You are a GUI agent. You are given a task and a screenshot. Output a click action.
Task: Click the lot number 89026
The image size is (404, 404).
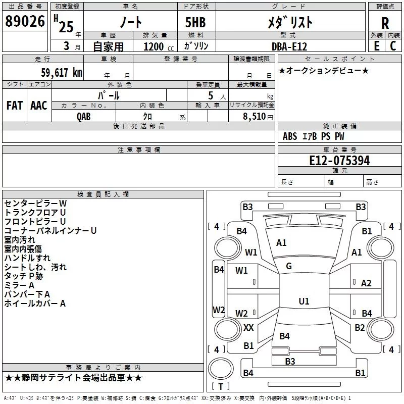[25, 21]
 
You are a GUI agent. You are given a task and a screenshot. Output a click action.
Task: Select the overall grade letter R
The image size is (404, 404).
[385, 23]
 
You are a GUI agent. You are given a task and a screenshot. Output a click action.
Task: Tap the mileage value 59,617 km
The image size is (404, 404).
[62, 73]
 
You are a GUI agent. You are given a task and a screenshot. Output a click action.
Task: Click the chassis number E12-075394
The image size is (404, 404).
[339, 161]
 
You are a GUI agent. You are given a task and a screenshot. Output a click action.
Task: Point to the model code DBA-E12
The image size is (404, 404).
[289, 46]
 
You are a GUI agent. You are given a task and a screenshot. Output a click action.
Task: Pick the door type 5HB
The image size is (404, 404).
[195, 22]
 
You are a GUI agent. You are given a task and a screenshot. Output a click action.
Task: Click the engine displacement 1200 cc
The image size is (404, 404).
[159, 46]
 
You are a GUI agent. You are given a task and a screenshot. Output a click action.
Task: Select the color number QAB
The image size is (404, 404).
[83, 117]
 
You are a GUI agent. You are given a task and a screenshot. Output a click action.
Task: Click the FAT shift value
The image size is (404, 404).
[15, 106]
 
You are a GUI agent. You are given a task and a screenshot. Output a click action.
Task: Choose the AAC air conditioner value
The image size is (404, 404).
[39, 106]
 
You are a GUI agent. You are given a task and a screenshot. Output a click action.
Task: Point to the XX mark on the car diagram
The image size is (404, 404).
[248, 327]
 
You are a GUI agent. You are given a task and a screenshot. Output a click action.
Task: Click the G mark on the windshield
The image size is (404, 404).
[289, 266]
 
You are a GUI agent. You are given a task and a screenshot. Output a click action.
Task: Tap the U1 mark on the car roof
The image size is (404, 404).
[304, 301]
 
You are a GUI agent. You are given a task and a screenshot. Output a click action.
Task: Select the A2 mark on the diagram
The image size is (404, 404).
[366, 283]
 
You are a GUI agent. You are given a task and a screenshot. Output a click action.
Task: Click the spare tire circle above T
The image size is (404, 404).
[221, 369]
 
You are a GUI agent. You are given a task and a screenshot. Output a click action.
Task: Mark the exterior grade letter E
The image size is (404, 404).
[377, 46]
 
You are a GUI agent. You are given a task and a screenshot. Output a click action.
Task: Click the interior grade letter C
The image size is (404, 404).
[393, 46]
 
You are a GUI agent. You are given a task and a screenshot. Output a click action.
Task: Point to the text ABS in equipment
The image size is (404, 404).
[290, 136]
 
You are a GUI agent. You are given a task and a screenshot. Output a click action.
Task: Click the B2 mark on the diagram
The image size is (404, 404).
[360, 327]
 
